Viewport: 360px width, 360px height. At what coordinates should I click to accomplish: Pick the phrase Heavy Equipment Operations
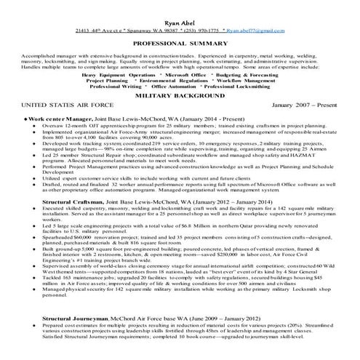[x=119, y=74]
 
